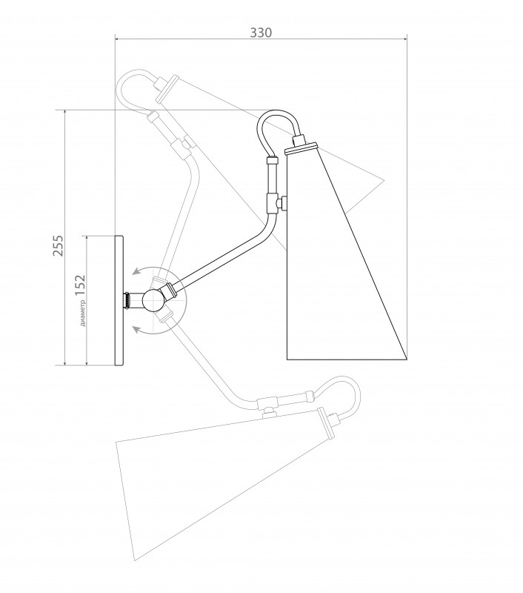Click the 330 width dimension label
pyautogui.click(x=261, y=33)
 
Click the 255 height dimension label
pyautogui.click(x=59, y=246)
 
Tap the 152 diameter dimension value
pyautogui.click(x=80, y=285)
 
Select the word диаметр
pyautogui.click(x=83, y=312)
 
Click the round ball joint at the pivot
pyautogui.click(x=153, y=300)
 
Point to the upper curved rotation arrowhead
pyautogui.click(x=136, y=272)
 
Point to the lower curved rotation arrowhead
pyautogui.click(x=136, y=330)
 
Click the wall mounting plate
pyautogui.click(x=119, y=300)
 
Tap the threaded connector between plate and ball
pyautogui.click(x=128, y=300)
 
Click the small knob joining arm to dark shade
pyautogui.click(x=282, y=203)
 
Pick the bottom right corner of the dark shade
pyautogui.click(x=407, y=359)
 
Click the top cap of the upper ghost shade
pyautogui.click(x=167, y=88)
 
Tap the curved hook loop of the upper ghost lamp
pyautogui.click(x=138, y=90)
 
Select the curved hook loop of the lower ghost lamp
pyautogui.click(x=339, y=397)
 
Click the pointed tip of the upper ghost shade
pyautogui.click(x=384, y=179)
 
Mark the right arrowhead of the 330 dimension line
pyautogui.click(x=404, y=39)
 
